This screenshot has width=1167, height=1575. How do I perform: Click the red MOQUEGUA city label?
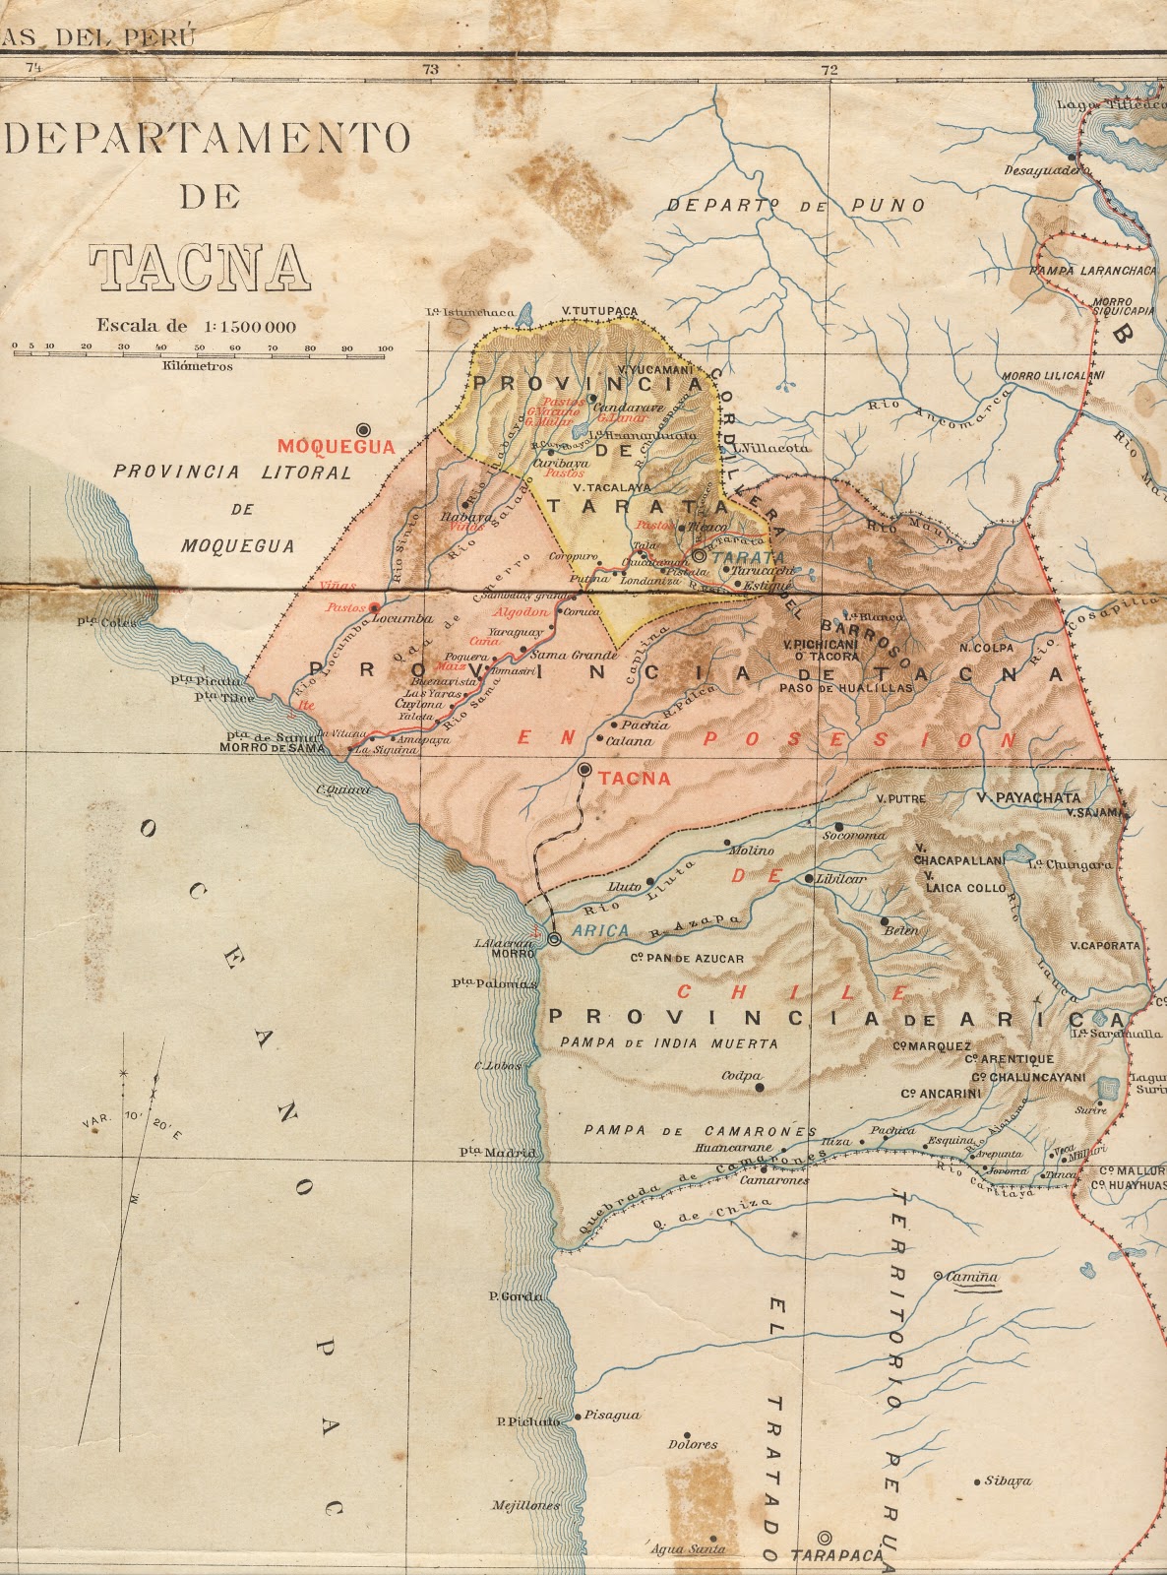click(336, 447)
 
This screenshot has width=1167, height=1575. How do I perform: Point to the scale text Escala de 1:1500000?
click(196, 326)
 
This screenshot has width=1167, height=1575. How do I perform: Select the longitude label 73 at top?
click(430, 69)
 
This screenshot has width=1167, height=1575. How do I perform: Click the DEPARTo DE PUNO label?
click(796, 206)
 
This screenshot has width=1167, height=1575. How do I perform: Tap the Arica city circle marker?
click(555, 940)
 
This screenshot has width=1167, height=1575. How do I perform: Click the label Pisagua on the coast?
click(612, 1415)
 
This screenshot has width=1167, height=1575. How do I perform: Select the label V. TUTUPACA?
click(599, 311)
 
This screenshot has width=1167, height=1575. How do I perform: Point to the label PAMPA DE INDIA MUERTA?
click(668, 1043)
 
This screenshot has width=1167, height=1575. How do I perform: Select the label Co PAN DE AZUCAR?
click(686, 958)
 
